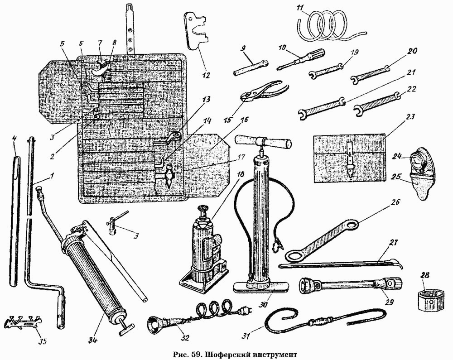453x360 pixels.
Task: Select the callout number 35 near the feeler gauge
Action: click(x=42, y=341)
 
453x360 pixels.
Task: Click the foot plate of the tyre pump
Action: click(x=261, y=286)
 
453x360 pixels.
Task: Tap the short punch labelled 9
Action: click(x=251, y=67)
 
